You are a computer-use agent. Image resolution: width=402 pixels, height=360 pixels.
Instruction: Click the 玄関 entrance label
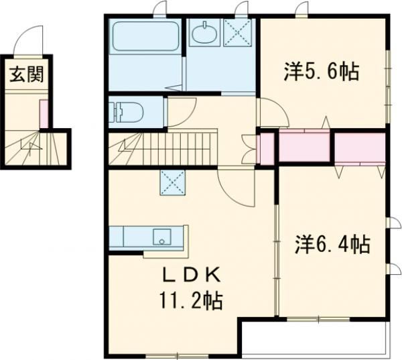coord(26,74)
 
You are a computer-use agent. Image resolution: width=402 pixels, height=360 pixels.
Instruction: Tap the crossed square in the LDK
coord(172,180)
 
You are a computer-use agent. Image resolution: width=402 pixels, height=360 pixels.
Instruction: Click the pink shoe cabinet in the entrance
coord(44,113)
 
